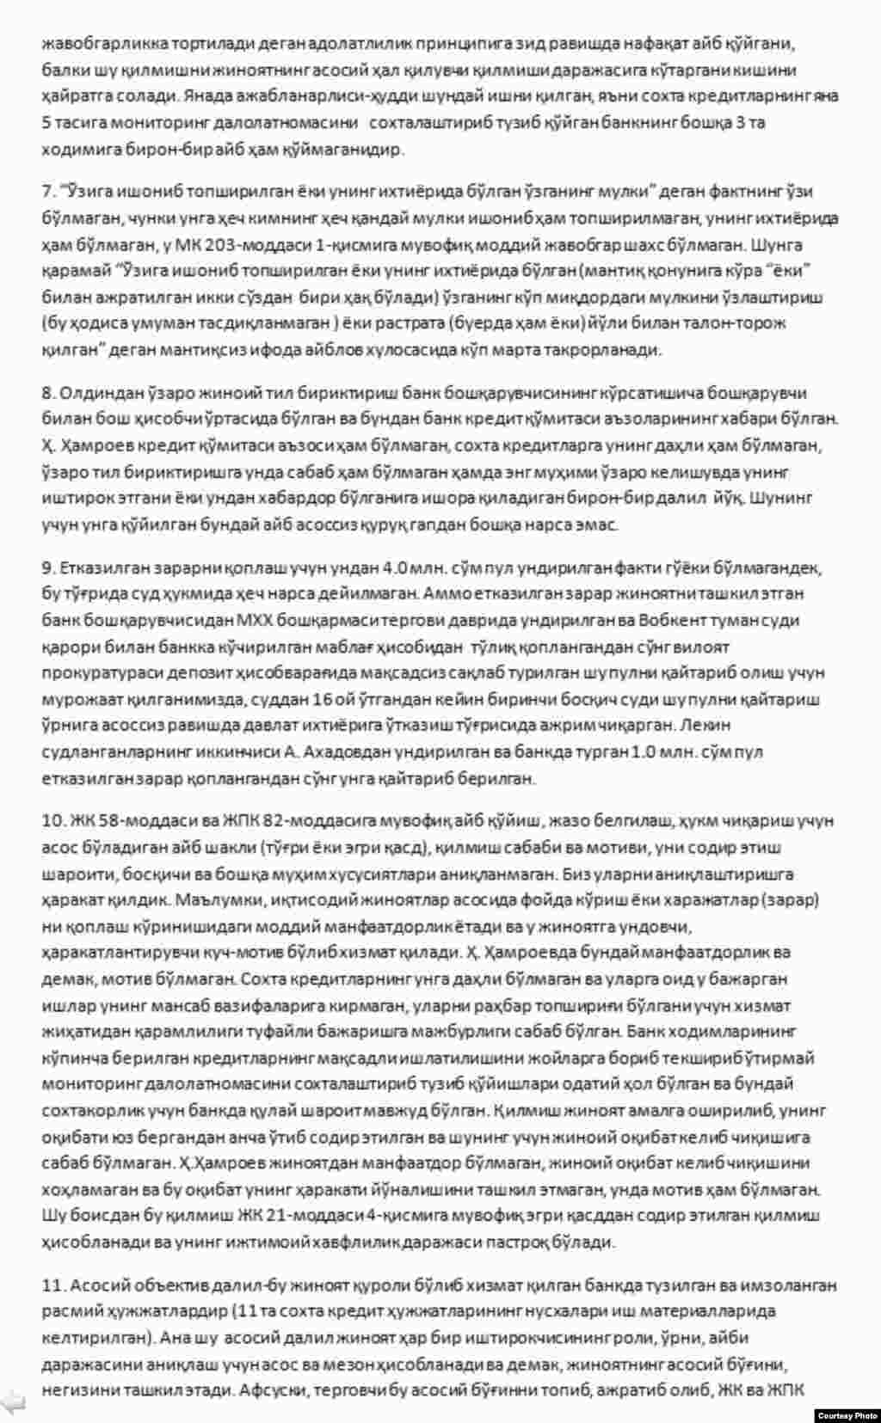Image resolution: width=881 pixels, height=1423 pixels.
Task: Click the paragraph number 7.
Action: (46, 191)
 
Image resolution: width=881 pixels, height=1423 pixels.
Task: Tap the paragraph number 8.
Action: (46, 393)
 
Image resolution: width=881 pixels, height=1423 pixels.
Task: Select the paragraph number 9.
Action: (46, 567)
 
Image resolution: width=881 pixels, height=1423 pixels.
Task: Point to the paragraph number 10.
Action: (52, 821)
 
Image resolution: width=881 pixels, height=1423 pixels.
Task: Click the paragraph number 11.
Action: (52, 1285)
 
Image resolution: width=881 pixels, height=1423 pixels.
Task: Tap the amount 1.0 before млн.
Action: (642, 751)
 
